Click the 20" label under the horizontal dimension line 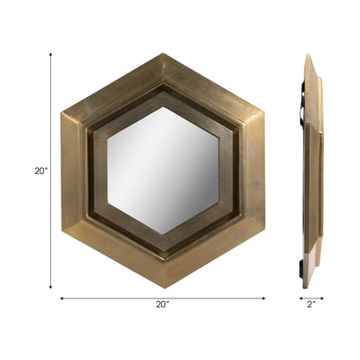tap(162, 305)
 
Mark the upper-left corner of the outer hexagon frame tap(61, 112)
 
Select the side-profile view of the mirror tap(312, 170)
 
